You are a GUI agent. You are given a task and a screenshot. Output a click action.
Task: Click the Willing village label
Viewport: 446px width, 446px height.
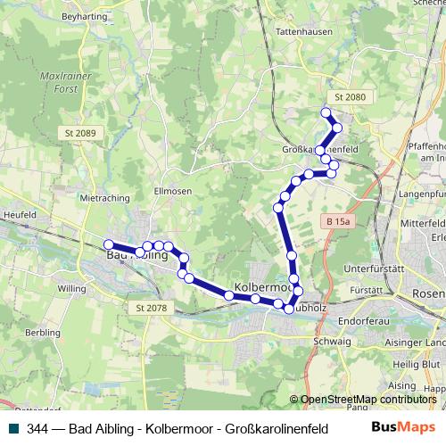pyautogui.click(x=71, y=289)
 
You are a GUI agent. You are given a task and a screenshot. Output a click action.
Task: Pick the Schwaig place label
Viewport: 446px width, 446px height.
pyautogui.click(x=332, y=341)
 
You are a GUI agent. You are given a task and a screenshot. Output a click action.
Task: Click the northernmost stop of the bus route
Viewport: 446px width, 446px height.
pyautogui.click(x=326, y=112)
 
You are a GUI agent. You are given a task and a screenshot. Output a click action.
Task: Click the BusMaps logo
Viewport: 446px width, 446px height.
pyautogui.click(x=409, y=428)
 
